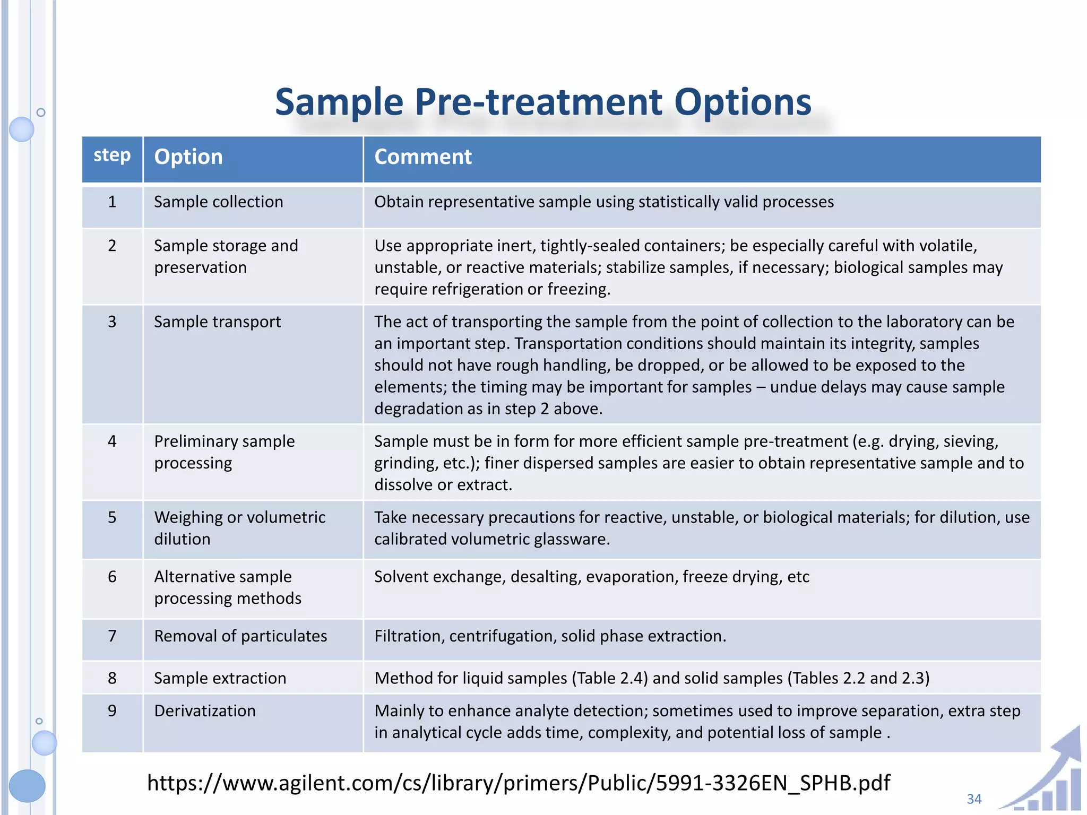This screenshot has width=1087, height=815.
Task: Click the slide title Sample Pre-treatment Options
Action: pyautogui.click(x=543, y=102)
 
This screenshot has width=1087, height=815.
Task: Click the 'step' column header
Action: pyautogui.click(x=112, y=155)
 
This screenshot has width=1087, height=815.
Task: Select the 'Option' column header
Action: pyautogui.click(x=188, y=157)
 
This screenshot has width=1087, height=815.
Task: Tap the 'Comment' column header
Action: pyautogui.click(x=423, y=157)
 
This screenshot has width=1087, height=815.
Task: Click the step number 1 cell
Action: pyautogui.click(x=112, y=202)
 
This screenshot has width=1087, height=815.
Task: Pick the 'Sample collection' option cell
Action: pyautogui.click(x=219, y=202)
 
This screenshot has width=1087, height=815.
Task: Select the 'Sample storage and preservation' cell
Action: pyautogui.click(x=226, y=257)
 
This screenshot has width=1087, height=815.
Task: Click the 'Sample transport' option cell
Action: pyautogui.click(x=218, y=322)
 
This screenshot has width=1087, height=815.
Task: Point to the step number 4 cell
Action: pyautogui.click(x=112, y=441)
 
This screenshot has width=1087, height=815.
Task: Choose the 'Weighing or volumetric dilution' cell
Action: pyautogui.click(x=239, y=528)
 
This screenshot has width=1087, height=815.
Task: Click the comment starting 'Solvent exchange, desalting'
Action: pyautogui.click(x=592, y=577)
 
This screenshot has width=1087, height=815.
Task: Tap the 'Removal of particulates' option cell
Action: pyautogui.click(x=240, y=636)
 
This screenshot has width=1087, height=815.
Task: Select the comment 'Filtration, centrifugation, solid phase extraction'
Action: pyautogui.click(x=550, y=636)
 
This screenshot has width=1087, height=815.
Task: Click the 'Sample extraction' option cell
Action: pyautogui.click(x=220, y=679)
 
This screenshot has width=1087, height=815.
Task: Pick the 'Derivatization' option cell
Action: pyautogui.click(x=205, y=711)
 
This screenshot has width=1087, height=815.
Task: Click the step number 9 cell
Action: pyautogui.click(x=112, y=711)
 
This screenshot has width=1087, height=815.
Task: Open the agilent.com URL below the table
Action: pyautogui.click(x=519, y=783)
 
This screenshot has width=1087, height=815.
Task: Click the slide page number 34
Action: pyautogui.click(x=974, y=799)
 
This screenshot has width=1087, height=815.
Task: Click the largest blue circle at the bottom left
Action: pyautogui.click(x=27, y=786)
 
